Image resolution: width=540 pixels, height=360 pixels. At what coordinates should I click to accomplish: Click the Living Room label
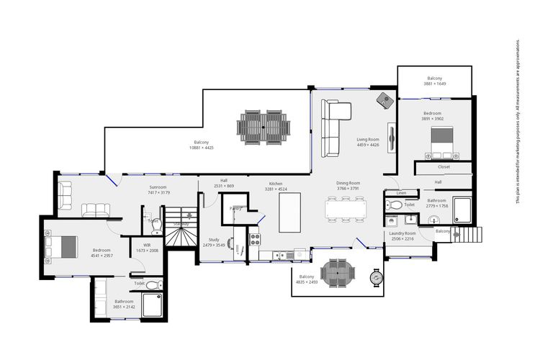[367, 139]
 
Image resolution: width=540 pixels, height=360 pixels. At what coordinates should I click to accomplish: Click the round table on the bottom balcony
[338, 273]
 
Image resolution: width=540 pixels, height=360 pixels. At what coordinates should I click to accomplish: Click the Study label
[214, 239]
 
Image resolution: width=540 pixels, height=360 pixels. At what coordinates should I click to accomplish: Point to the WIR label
[147, 245]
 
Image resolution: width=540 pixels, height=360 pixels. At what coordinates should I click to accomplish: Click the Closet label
[444, 166]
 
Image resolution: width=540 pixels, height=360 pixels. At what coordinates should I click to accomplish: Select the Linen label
[401, 193]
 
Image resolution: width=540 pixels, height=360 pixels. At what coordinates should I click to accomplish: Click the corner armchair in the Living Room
[385, 101]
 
